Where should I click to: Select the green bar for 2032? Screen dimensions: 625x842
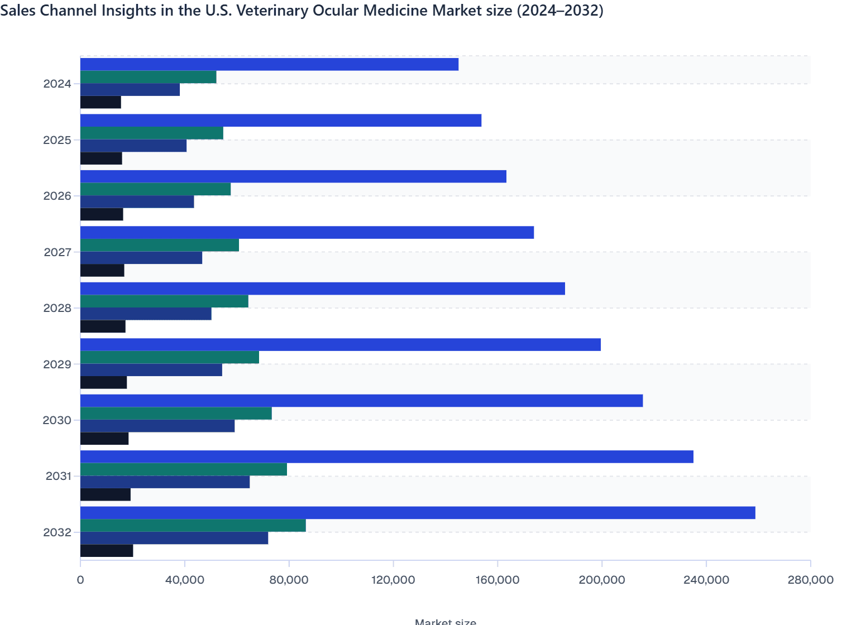pos(193,526)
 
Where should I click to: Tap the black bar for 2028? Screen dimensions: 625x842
pos(103,326)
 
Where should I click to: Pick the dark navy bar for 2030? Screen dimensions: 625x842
pos(157,426)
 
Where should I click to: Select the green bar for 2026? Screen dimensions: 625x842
pos(155,189)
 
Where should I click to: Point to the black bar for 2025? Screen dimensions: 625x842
pos(101,158)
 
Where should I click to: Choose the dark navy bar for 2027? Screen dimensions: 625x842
pos(141,258)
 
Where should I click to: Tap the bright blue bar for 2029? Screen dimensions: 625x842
pos(341,345)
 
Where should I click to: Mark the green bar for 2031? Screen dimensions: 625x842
pos(184,469)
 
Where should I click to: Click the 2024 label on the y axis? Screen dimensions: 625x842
pos(57,84)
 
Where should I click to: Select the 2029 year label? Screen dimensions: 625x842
pos(57,364)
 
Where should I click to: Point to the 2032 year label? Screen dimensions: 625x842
pos(57,532)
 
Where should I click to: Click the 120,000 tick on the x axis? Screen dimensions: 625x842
pos(393,580)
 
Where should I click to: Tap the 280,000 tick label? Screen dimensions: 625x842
pos(810,580)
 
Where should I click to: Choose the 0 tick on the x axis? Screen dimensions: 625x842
pos(80,580)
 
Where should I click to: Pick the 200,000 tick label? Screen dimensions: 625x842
pos(601,580)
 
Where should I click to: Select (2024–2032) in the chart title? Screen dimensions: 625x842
pos(559,11)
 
